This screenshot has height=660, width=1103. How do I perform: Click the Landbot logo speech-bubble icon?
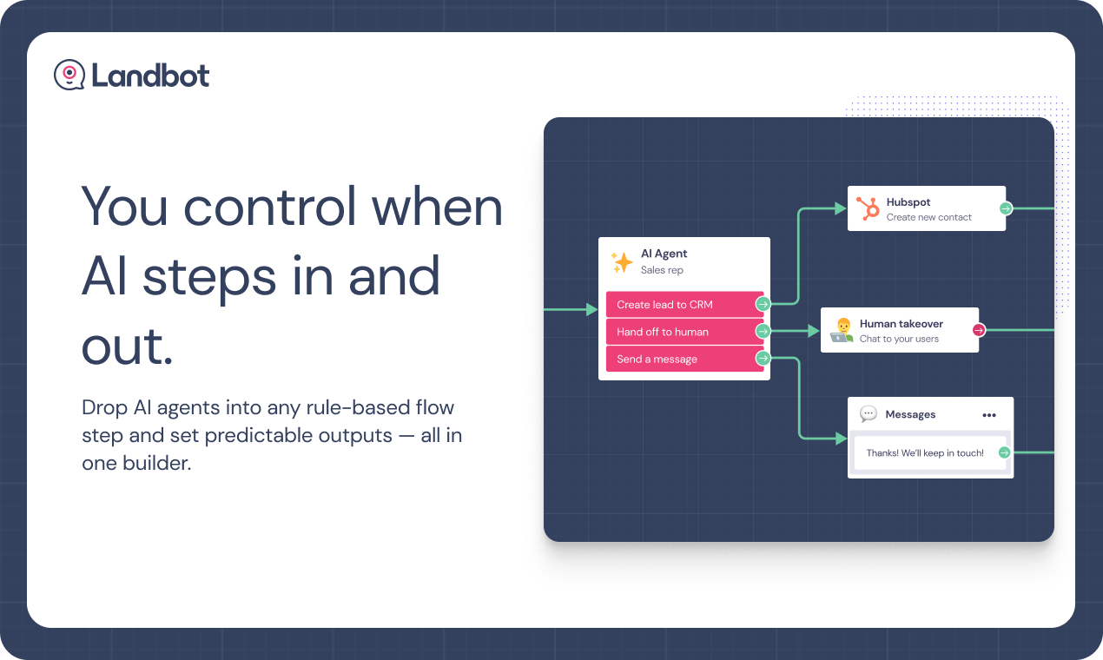(69, 75)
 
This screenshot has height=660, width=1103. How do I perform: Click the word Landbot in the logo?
(150, 76)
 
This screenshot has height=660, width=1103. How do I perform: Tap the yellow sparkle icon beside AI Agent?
(622, 262)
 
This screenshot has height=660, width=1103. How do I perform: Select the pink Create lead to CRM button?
(684, 305)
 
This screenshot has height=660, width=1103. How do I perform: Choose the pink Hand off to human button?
(684, 332)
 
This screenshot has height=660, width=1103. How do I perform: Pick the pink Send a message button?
(684, 359)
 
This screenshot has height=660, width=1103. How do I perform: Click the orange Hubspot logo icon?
(868, 208)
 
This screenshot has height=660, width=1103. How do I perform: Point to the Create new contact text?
(928, 217)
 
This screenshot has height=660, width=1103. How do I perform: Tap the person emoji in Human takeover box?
(842, 330)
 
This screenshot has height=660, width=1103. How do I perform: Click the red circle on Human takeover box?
(979, 330)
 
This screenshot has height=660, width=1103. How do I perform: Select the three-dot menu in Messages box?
(989, 415)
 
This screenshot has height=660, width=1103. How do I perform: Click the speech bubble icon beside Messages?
(869, 413)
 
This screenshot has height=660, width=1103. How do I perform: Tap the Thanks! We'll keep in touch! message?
(925, 453)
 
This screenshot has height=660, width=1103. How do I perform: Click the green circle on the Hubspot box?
(1006, 208)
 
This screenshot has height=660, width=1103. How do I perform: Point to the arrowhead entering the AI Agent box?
(591, 309)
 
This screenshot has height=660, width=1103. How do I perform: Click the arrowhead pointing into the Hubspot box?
(841, 208)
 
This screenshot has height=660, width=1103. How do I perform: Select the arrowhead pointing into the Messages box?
(841, 438)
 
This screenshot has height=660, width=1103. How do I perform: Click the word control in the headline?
(270, 206)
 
